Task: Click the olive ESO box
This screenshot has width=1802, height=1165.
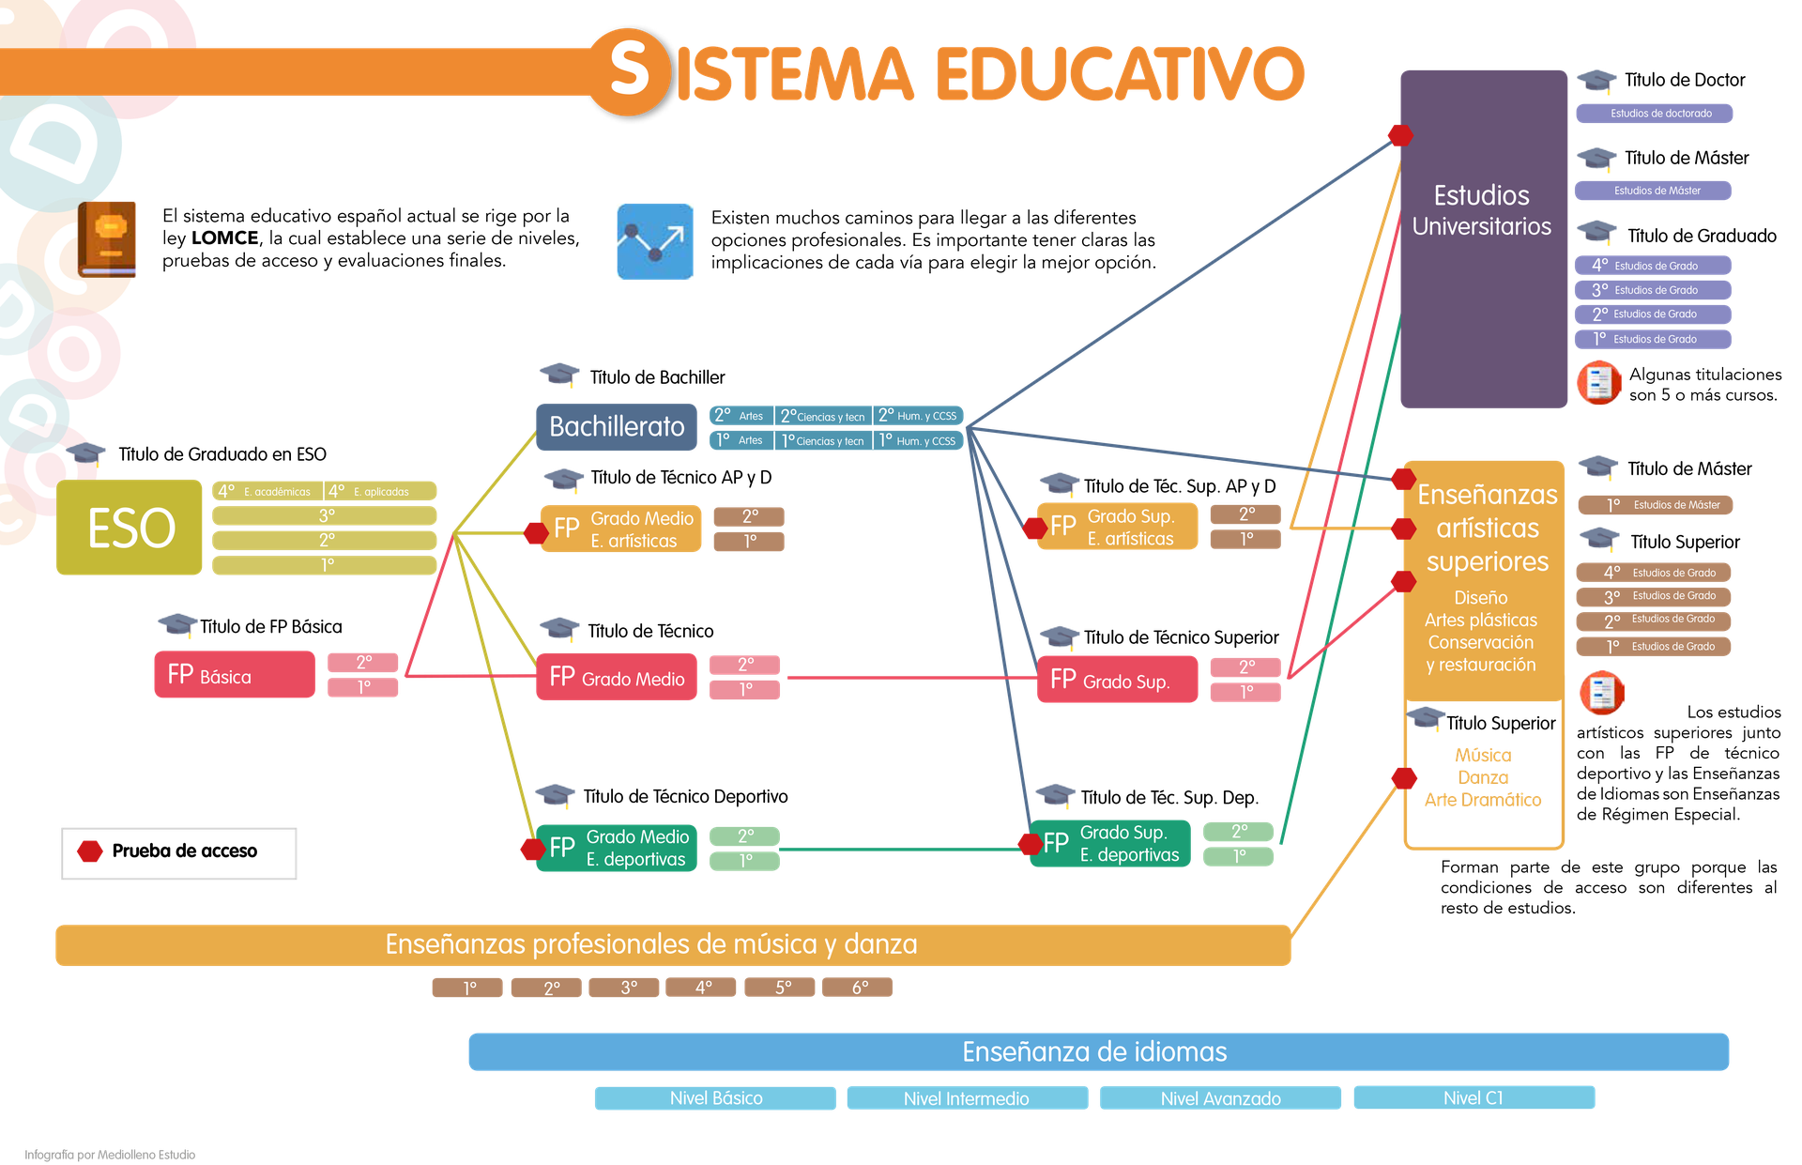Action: coord(130,527)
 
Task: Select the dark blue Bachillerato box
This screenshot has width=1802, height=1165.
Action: coord(617,427)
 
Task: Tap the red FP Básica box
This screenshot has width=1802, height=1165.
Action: coord(235,675)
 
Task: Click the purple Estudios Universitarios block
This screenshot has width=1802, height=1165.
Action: coord(1484,238)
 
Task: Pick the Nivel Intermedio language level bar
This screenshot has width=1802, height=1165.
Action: coord(968,1097)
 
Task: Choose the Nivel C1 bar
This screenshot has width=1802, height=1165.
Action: coord(1474,1097)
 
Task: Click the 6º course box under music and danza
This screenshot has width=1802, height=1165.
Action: coord(858,988)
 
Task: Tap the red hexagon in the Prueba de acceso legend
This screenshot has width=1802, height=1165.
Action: coord(90,851)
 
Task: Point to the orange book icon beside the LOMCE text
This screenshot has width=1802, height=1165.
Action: coord(107,239)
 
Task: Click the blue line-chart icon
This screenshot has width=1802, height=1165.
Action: coord(655,241)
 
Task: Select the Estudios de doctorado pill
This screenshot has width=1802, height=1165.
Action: coord(1655,114)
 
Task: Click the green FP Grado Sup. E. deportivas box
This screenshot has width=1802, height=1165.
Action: coord(1110,844)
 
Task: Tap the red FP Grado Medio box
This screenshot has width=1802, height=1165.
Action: coord(617,677)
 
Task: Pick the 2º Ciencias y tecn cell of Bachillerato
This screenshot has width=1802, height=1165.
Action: coord(823,416)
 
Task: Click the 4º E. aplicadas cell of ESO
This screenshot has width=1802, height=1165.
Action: coord(380,491)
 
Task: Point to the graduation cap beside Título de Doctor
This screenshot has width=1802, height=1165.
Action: coord(1596,80)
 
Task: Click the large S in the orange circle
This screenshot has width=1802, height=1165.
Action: coord(630,71)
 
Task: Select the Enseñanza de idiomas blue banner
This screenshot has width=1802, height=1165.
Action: coord(1098,1051)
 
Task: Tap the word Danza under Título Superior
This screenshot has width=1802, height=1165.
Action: coord(1484,777)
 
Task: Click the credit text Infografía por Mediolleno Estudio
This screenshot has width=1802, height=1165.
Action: coord(110,1155)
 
